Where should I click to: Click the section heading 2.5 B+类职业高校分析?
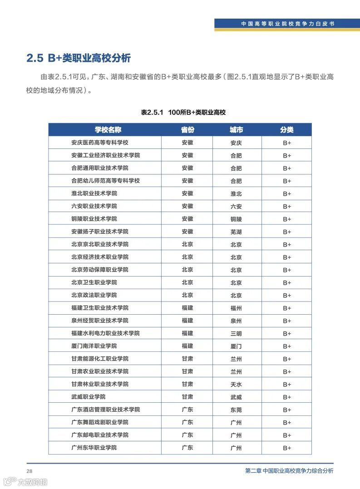(x=79, y=58)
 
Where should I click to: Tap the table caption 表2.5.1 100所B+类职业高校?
(x=183, y=112)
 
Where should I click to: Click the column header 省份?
(x=187, y=130)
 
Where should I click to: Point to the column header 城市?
(x=236, y=130)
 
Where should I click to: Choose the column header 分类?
(x=287, y=130)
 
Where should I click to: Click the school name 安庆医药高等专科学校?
(x=100, y=143)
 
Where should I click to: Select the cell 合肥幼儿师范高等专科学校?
(x=105, y=181)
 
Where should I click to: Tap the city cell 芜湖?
(x=236, y=232)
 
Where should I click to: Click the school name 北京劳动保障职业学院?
(x=100, y=270)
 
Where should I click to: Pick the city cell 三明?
(x=236, y=333)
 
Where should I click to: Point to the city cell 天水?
(x=236, y=384)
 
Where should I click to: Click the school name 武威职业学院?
(x=88, y=397)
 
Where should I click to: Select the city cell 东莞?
(x=236, y=410)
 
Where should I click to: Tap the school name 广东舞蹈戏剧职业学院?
(x=100, y=422)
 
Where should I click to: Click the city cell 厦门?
(x=236, y=346)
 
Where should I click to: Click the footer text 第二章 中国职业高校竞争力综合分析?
(x=289, y=471)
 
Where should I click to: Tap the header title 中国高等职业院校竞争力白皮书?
(x=288, y=24)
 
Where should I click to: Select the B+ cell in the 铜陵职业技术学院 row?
(x=287, y=219)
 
